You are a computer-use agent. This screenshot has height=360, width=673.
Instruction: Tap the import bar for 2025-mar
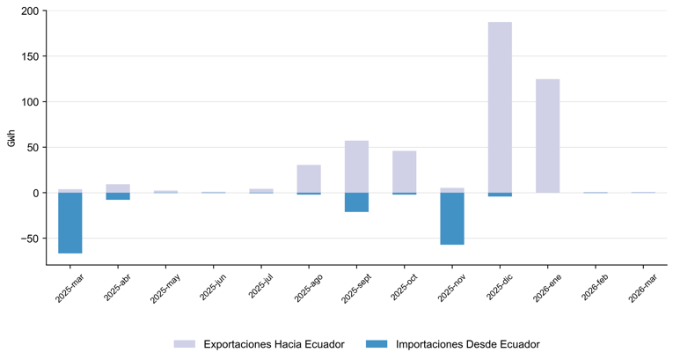(x=70, y=223)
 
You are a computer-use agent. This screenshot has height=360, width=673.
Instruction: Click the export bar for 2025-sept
(x=356, y=166)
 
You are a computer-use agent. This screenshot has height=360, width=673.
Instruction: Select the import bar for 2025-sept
(x=356, y=202)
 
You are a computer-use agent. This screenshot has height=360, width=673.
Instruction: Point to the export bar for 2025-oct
(x=405, y=172)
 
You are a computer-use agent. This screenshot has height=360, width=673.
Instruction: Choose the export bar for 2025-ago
(x=309, y=179)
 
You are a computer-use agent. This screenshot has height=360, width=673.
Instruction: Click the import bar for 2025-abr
(x=118, y=196)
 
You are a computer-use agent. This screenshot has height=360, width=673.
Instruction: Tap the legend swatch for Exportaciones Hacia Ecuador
(x=185, y=344)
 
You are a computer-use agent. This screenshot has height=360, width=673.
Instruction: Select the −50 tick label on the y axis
(x=31, y=239)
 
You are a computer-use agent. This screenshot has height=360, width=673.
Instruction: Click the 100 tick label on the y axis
(x=33, y=102)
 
